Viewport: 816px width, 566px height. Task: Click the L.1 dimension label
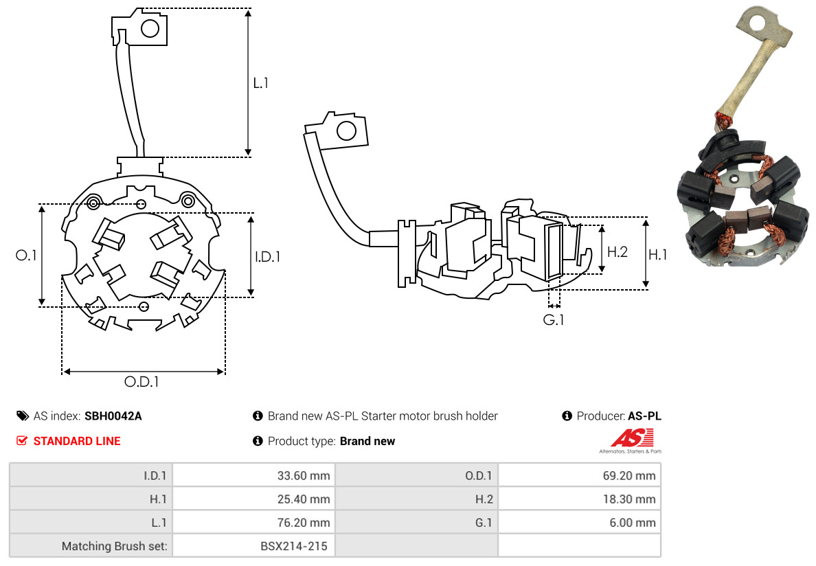click(261, 83)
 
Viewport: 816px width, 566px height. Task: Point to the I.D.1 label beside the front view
click(268, 257)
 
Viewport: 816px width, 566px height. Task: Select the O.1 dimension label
click(26, 256)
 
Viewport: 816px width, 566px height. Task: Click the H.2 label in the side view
click(617, 251)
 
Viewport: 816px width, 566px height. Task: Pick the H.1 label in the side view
click(658, 255)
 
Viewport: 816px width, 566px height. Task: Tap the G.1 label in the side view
click(554, 319)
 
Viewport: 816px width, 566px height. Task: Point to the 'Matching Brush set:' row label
click(115, 546)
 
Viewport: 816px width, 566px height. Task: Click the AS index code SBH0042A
click(113, 416)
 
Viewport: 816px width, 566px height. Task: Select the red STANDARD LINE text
click(77, 441)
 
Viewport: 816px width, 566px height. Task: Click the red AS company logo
click(631, 438)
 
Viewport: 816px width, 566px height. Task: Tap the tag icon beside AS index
click(23, 416)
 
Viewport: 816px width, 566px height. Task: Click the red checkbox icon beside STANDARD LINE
click(22, 441)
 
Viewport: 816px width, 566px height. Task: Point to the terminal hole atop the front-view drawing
click(150, 28)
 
